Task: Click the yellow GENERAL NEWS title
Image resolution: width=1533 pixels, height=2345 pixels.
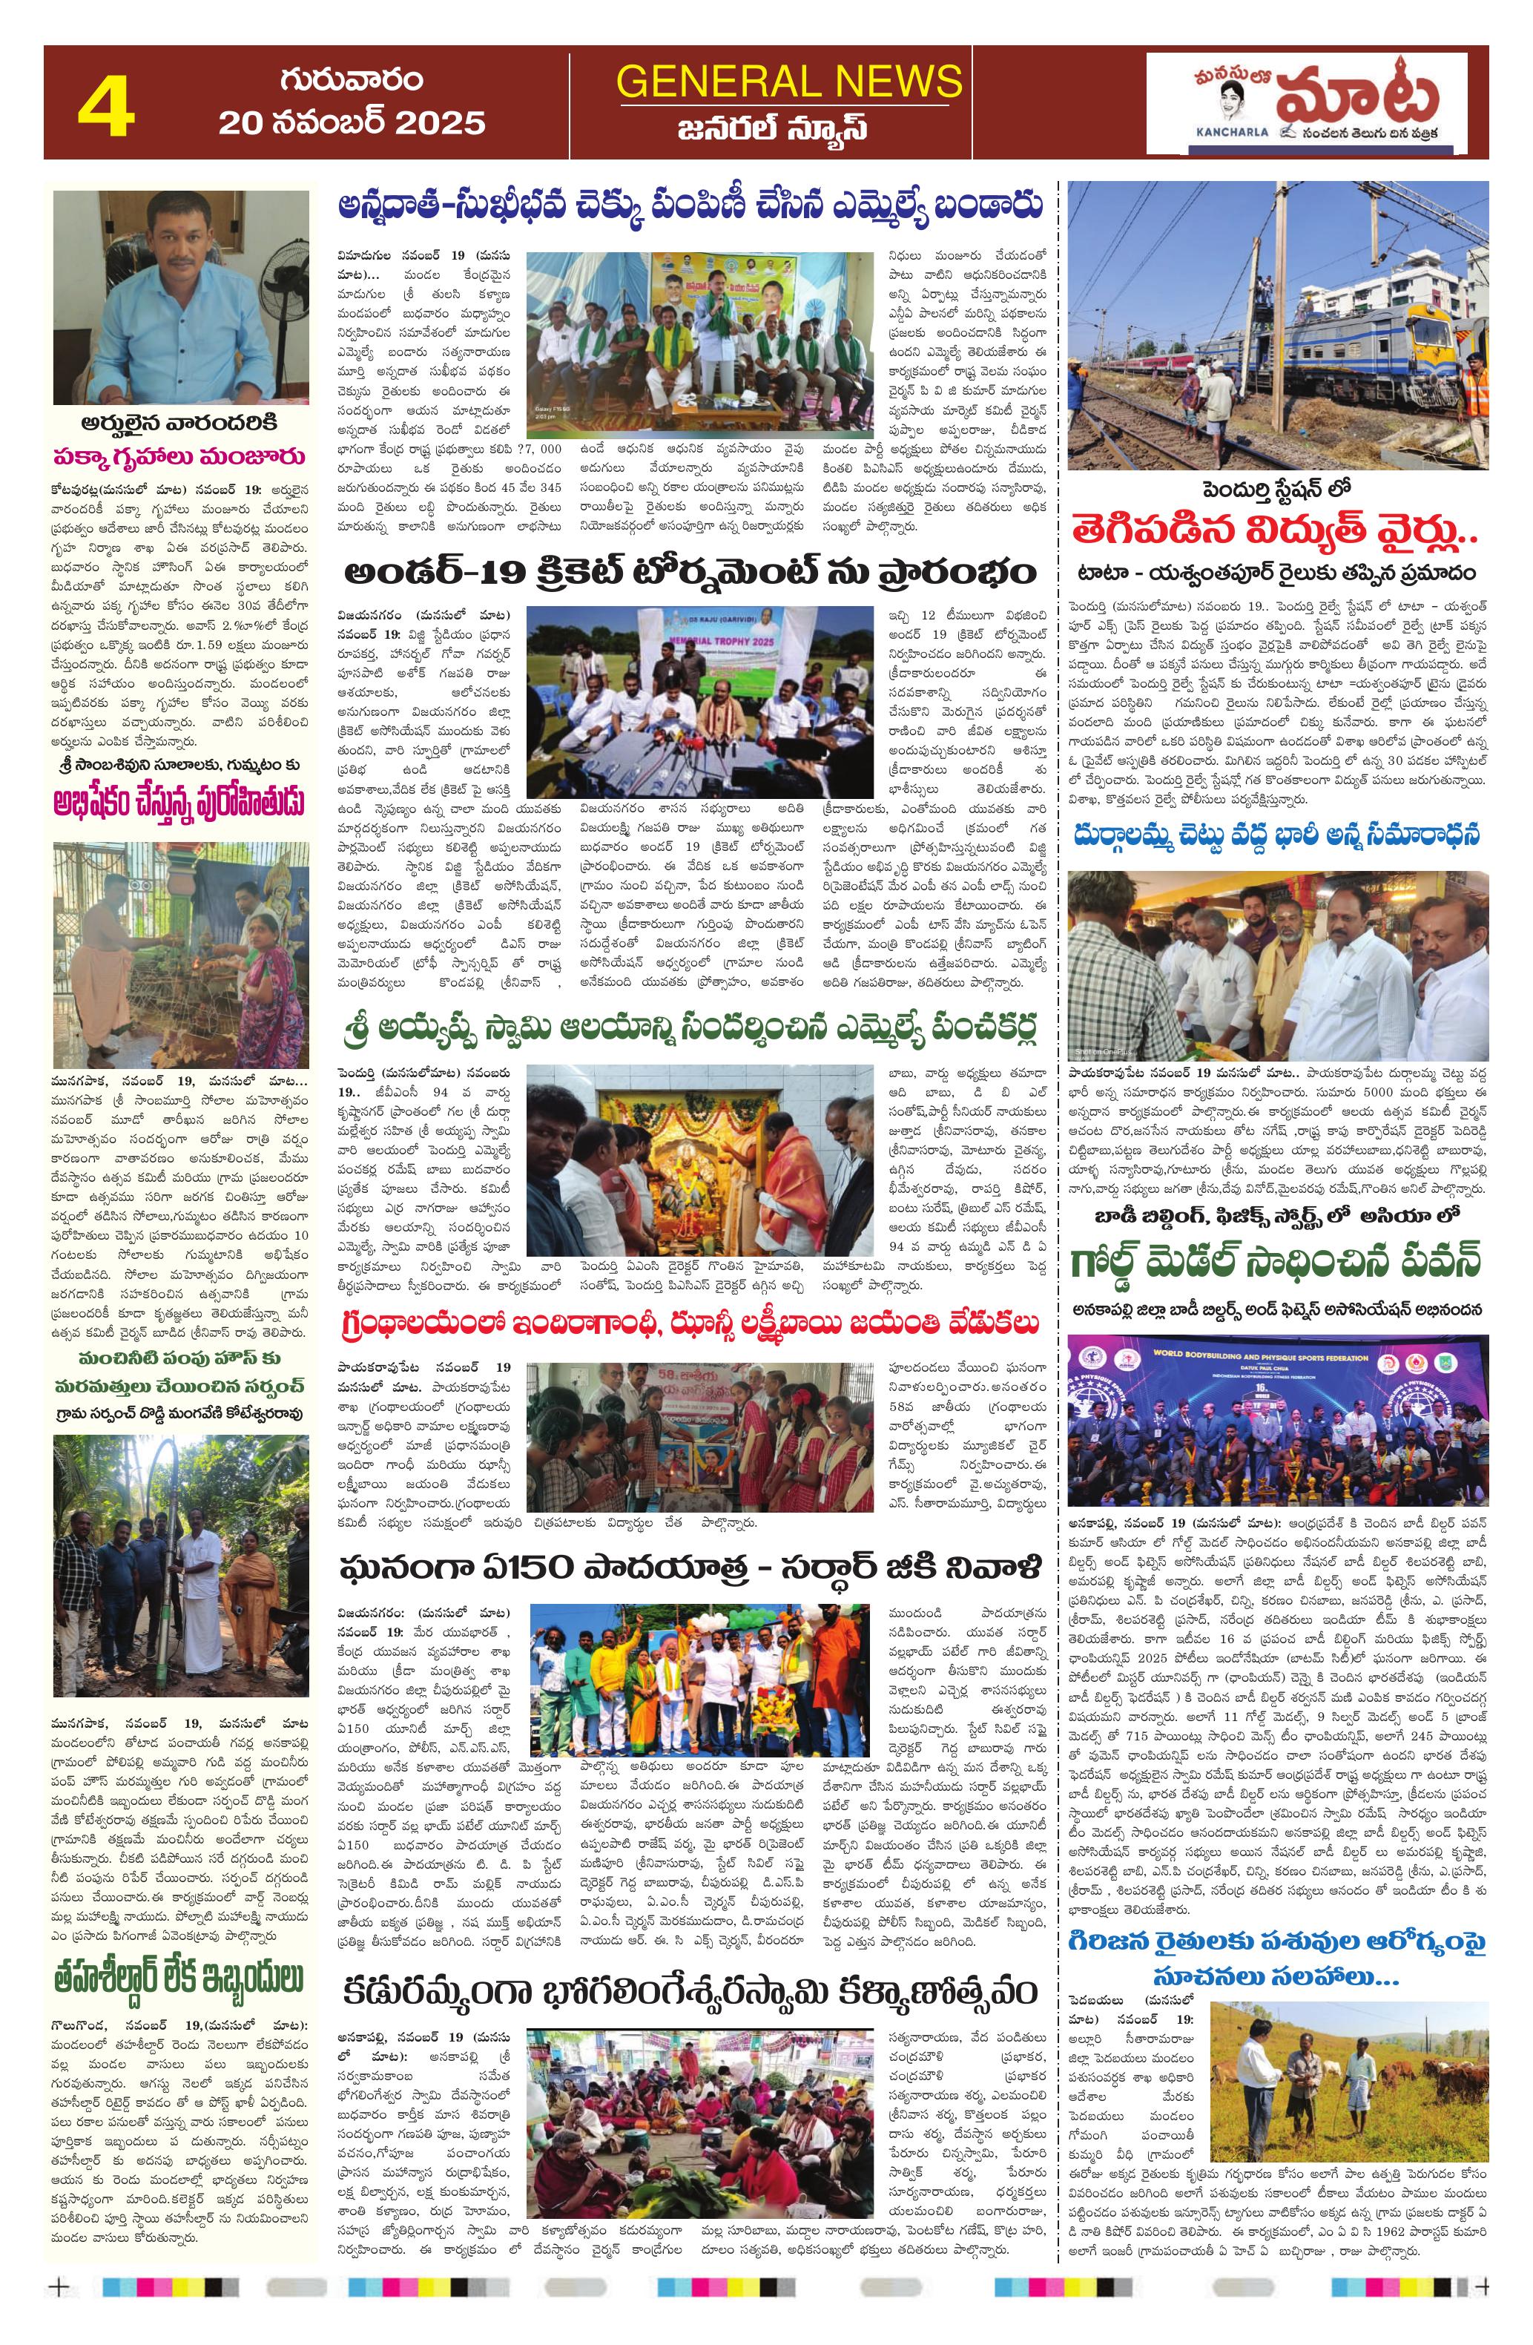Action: (x=788, y=81)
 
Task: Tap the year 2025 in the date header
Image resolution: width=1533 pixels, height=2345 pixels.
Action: (x=441, y=122)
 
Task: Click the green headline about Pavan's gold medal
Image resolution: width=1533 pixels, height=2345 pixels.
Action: (x=1275, y=1259)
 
